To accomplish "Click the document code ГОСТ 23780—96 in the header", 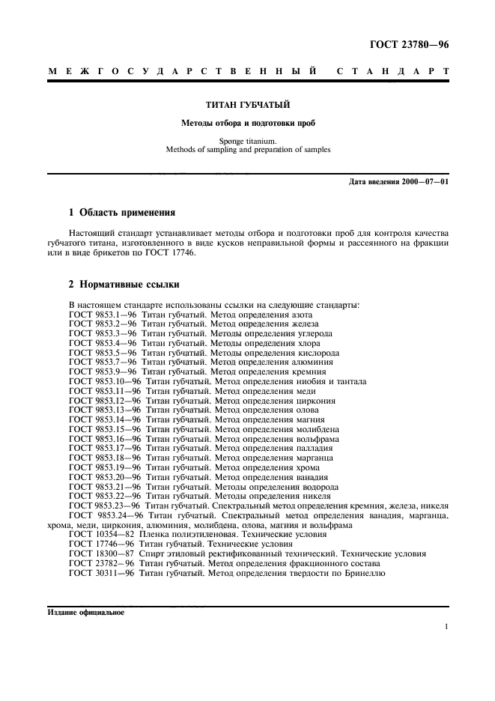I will (x=409, y=45).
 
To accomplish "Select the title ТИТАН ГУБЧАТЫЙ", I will (x=247, y=105).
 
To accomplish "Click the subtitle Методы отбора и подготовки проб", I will (x=247, y=123).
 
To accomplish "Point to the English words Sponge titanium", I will (x=247, y=140).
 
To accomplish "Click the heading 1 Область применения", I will (x=122, y=212).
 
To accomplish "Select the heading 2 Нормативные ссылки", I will (x=124, y=285).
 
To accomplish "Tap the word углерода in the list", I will (x=313, y=333).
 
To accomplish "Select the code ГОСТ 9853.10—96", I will (x=104, y=381).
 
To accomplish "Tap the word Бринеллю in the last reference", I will (x=364, y=573).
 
